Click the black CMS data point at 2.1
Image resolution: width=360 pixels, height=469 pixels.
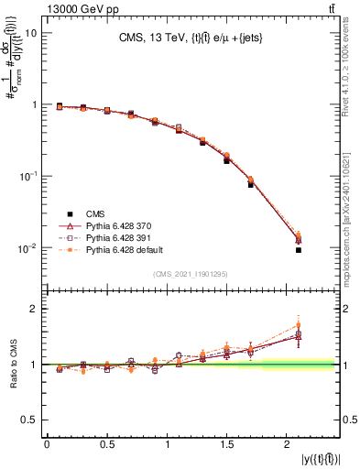(299, 249)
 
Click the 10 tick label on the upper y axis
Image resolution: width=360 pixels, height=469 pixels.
(30, 33)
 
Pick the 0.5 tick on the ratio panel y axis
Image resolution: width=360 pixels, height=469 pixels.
(29, 420)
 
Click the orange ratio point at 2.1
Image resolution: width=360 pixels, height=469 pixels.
(299, 324)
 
